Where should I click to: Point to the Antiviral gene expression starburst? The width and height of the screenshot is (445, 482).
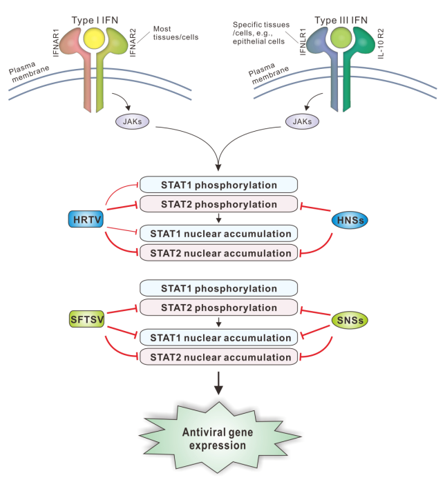[x=219, y=439]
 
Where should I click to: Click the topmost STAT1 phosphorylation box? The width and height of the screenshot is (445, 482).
[x=219, y=185]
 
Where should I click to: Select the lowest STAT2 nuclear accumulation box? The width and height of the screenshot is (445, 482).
[x=219, y=357]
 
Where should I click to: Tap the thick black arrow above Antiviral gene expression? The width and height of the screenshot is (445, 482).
[x=219, y=383]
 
